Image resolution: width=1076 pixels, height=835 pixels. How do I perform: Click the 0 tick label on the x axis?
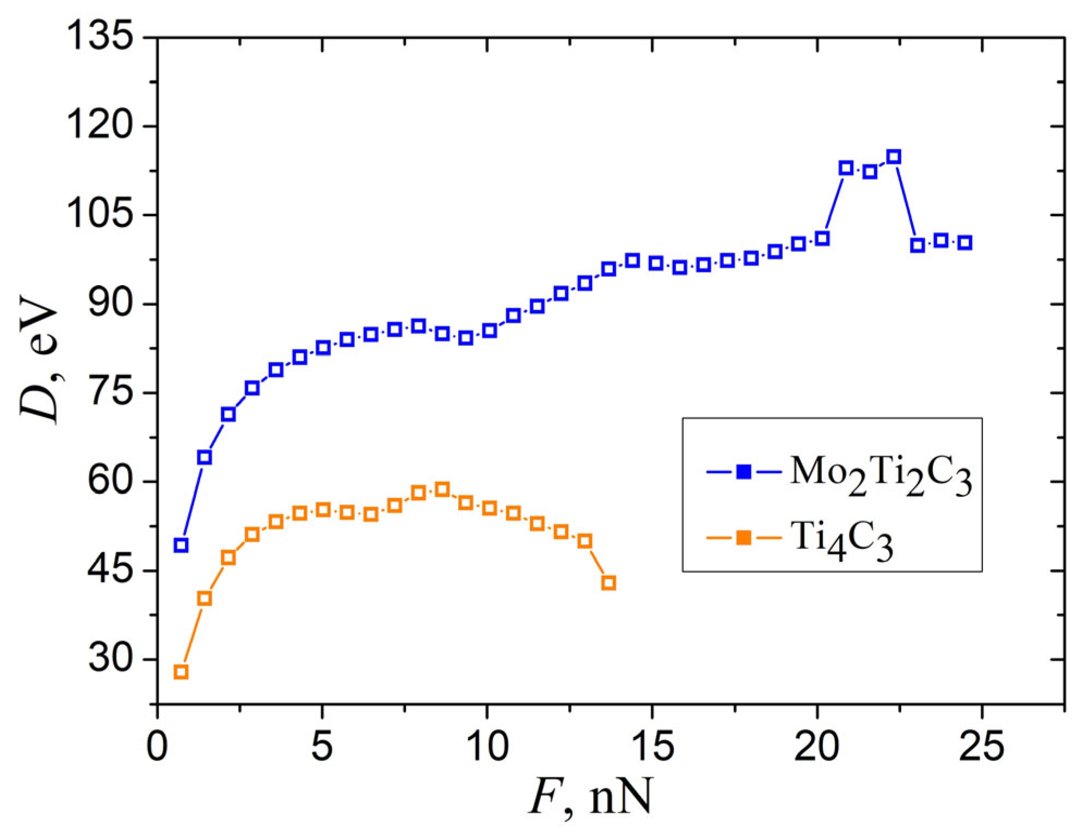[x=157, y=746]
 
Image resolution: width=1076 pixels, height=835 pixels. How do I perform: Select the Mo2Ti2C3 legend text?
[x=880, y=475]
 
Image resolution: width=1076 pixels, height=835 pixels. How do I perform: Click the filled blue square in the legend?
[x=743, y=471]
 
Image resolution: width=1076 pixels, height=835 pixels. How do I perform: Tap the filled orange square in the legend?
[x=743, y=538]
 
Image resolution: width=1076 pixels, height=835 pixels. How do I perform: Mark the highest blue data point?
[x=894, y=157]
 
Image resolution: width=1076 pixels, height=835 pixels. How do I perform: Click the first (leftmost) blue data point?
[x=181, y=545]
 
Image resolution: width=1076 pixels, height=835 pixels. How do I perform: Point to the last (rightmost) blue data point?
[x=965, y=243]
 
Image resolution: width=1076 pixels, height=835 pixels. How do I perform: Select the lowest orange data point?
[x=181, y=672]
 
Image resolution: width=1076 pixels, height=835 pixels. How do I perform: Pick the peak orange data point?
[x=442, y=489]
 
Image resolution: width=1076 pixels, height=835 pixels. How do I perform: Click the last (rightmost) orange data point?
[x=608, y=583]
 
